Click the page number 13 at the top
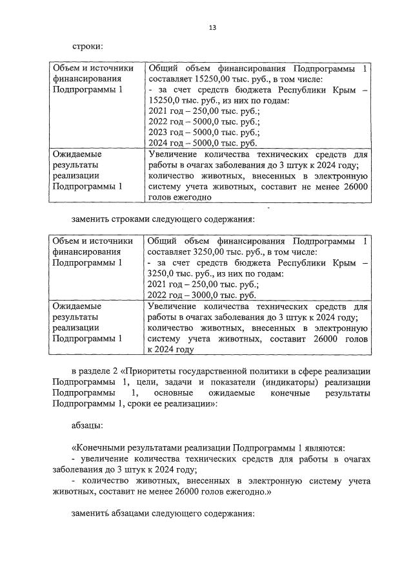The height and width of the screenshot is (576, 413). [x=212, y=28]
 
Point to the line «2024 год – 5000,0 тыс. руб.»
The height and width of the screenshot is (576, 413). [x=203, y=144]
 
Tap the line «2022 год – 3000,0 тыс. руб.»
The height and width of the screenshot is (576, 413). [x=203, y=295]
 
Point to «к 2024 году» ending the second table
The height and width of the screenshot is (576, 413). [x=170, y=349]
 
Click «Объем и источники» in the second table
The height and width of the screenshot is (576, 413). [x=93, y=242]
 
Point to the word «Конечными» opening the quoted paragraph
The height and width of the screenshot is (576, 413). [x=99, y=448]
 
